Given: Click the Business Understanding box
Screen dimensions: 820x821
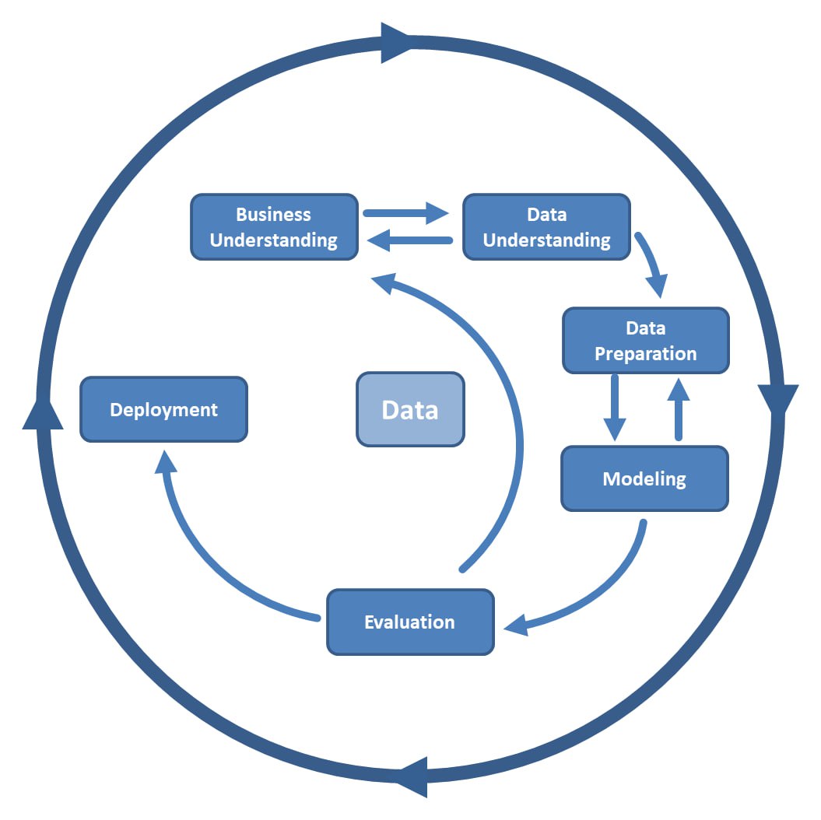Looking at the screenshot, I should (274, 227).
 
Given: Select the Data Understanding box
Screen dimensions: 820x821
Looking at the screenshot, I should (546, 227).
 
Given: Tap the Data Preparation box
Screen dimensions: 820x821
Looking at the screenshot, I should (645, 341).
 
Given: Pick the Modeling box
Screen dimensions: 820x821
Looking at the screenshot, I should (644, 478).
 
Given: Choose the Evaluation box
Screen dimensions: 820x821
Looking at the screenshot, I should (410, 622).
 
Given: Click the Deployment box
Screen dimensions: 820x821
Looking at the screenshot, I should (163, 410).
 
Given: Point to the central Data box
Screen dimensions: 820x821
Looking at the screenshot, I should (410, 410).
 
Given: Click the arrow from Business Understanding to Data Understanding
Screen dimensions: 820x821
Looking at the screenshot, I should (405, 212).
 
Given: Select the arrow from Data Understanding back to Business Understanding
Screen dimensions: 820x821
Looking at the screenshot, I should (409, 241).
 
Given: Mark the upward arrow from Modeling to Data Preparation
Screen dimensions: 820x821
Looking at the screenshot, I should (679, 408).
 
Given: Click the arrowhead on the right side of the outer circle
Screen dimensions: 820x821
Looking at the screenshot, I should (777, 401).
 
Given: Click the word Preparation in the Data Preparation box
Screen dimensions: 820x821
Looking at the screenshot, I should (645, 354).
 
